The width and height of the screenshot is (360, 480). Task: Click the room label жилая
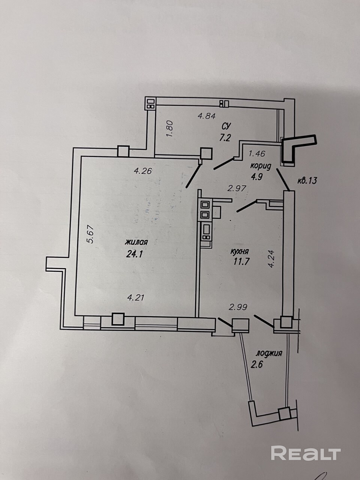pyautogui.click(x=136, y=242)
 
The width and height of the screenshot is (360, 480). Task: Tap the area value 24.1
pyautogui.click(x=134, y=254)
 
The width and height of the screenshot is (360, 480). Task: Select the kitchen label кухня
pyautogui.click(x=240, y=252)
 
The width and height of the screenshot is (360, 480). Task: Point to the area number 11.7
pyautogui.click(x=241, y=261)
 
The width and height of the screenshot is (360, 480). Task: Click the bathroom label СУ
pyautogui.click(x=226, y=126)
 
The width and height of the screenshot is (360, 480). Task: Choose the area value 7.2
pyautogui.click(x=225, y=138)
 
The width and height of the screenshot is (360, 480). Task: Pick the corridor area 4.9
pyautogui.click(x=256, y=176)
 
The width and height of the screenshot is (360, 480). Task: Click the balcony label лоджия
pyautogui.click(x=269, y=353)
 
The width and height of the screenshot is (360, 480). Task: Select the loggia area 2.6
pyautogui.click(x=256, y=364)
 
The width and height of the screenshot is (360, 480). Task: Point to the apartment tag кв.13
pyautogui.click(x=307, y=181)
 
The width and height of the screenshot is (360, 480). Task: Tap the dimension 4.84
pyautogui.click(x=207, y=115)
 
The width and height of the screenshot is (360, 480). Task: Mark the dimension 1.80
pyautogui.click(x=170, y=129)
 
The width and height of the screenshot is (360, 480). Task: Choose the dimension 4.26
pyautogui.click(x=143, y=171)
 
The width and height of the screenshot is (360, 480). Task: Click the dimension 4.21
pyautogui.click(x=136, y=297)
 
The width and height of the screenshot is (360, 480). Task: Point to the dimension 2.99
pyautogui.click(x=238, y=307)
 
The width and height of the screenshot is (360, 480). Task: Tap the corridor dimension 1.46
pyautogui.click(x=257, y=154)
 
